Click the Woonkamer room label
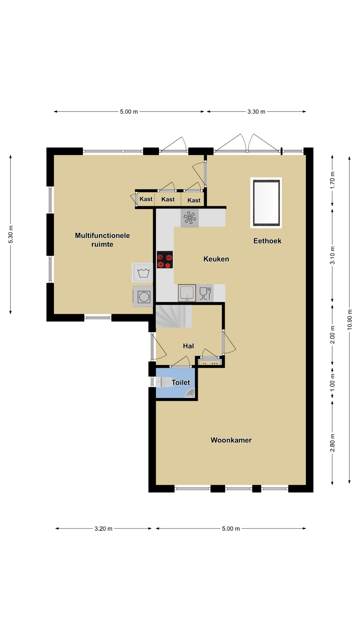click(231, 440)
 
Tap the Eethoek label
click(267, 241)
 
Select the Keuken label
click(216, 259)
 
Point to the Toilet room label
click(181, 382)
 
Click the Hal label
click(188, 346)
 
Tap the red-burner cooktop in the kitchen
click(165, 260)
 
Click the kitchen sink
click(187, 293)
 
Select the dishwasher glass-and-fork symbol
click(205, 293)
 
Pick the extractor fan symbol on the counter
click(190, 218)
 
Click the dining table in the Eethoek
click(266, 203)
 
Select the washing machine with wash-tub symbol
click(143, 273)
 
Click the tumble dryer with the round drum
click(143, 296)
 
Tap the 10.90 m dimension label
click(349, 320)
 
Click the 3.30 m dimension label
click(256, 112)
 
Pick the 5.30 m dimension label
click(11, 234)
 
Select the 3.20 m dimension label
click(103, 529)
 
